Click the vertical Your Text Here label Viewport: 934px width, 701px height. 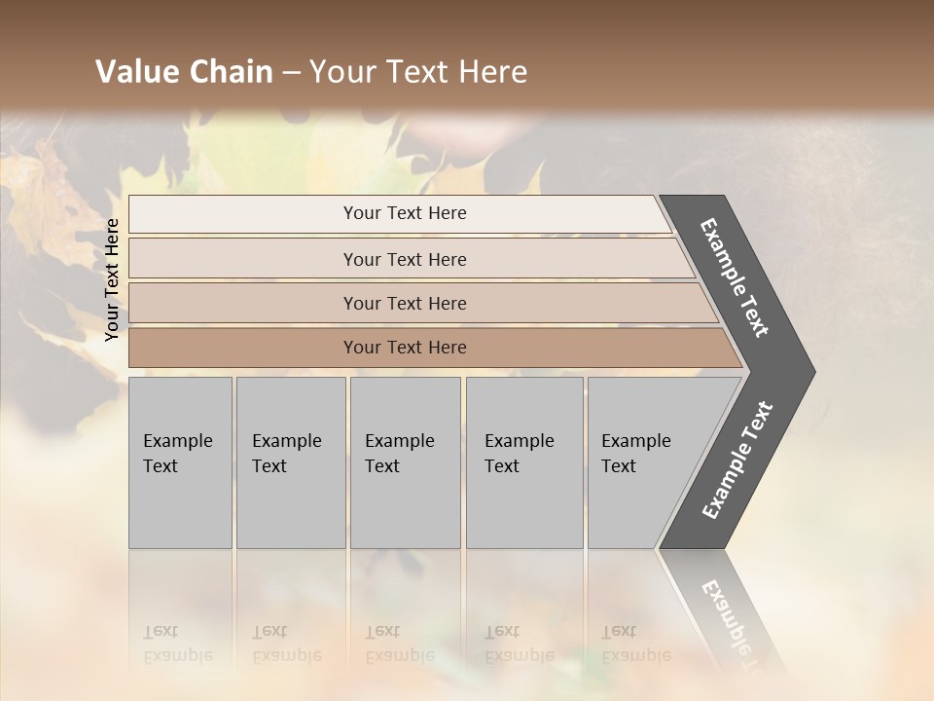[112, 279]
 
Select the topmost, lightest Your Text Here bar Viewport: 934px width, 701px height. [404, 213]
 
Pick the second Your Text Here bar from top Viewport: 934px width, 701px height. [404, 259]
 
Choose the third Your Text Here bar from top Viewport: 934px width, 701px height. [404, 303]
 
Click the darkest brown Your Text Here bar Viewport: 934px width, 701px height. [404, 348]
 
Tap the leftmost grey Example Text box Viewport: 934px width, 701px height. [180, 462]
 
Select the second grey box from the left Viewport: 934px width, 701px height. [290, 462]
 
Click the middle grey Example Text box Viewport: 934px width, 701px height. [405, 462]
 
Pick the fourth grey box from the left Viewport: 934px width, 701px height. [524, 462]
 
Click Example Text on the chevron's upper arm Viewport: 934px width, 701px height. [735, 277]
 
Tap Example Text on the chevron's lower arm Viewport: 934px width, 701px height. [737, 461]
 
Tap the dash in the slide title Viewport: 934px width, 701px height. [291, 73]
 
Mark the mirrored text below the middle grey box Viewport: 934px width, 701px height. [399, 644]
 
